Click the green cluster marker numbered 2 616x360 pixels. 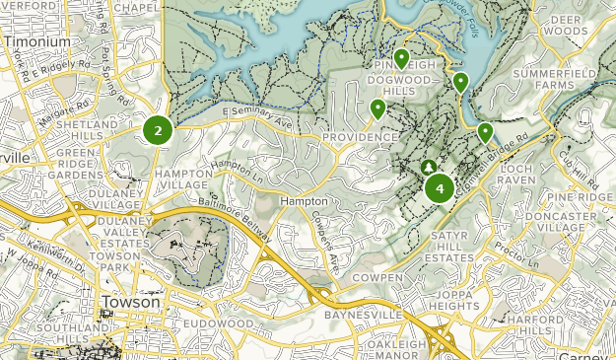point(158,129)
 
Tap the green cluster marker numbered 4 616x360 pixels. point(439,186)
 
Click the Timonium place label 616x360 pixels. point(36,43)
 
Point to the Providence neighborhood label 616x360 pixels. point(358,137)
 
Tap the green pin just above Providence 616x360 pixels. point(377,108)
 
